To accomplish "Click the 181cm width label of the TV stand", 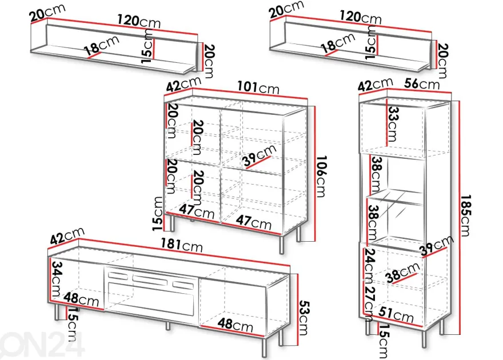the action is [x=182, y=245].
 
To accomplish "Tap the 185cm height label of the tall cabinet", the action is [x=466, y=215].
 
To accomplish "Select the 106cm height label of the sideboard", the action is [x=321, y=176].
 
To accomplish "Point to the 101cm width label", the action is [x=258, y=87].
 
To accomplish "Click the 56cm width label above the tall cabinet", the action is [x=421, y=83].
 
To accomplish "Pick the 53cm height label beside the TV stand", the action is [x=304, y=318].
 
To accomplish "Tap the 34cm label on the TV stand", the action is [x=57, y=279].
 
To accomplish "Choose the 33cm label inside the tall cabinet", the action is [x=393, y=123].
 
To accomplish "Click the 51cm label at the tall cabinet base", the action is [x=396, y=315].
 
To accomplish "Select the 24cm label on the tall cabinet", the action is [x=369, y=264].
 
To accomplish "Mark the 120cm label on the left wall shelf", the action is [x=138, y=21].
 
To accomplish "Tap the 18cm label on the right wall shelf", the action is [x=338, y=43].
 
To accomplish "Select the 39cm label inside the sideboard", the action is [x=260, y=155].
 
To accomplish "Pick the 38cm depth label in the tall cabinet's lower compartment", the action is [x=403, y=273].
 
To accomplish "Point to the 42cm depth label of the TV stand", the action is [x=67, y=235].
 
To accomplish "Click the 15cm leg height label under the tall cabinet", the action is [x=384, y=341].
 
